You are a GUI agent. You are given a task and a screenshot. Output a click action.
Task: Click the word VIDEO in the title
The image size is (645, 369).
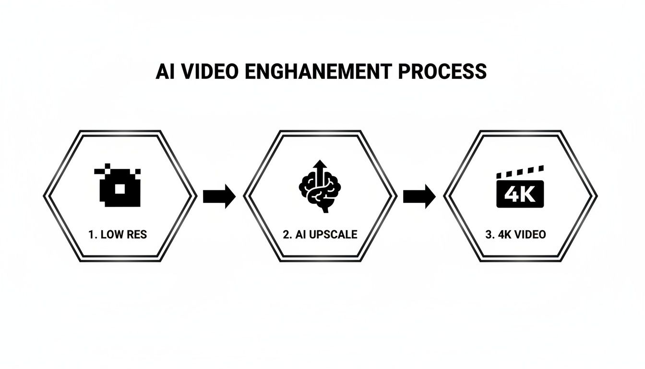207,71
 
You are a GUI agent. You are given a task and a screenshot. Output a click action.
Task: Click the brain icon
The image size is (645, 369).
320,191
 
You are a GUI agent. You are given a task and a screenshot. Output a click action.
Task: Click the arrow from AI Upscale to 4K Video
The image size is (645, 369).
419,196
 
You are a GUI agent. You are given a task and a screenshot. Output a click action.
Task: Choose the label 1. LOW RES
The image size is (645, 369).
118,235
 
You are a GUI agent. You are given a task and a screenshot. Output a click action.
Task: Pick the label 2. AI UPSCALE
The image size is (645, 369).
320,235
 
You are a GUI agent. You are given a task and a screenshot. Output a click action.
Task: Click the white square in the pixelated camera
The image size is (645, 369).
120,189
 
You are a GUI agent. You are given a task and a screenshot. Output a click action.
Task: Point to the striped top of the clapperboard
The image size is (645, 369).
520,172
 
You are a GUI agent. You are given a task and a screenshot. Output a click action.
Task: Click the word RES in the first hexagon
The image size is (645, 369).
137,235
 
